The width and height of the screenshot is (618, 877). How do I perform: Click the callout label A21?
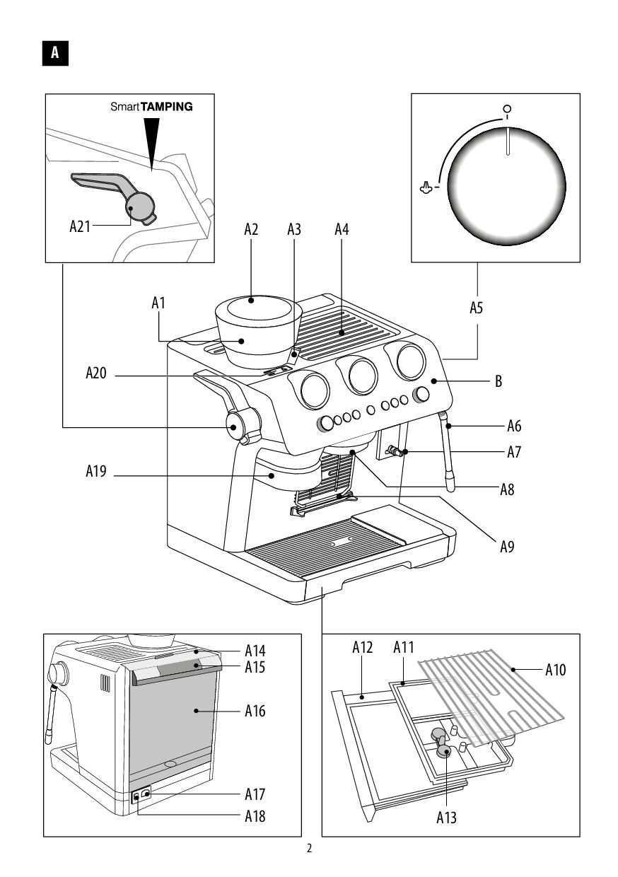click(x=80, y=226)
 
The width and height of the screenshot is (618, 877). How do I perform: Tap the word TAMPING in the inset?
click(x=166, y=107)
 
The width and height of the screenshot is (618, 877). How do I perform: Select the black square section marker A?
click(x=55, y=53)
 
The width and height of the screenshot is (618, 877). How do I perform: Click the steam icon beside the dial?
click(x=426, y=188)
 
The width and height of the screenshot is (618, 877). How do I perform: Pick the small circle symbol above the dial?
click(x=507, y=108)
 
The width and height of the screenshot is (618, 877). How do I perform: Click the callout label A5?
click(x=477, y=308)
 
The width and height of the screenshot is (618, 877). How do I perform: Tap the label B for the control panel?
click(x=499, y=381)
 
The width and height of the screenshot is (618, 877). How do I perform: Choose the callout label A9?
click(x=507, y=547)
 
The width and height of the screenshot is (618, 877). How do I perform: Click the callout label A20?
click(x=96, y=373)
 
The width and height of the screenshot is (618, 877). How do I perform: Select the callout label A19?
click(x=96, y=471)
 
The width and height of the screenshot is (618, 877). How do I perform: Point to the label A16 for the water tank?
click(x=255, y=711)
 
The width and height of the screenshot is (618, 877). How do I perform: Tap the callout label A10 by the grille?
click(x=555, y=670)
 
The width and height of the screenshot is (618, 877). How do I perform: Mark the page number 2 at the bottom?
click(x=309, y=849)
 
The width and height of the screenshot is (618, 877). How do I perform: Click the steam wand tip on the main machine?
click(x=451, y=487)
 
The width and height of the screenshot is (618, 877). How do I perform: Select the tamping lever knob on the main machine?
click(x=233, y=426)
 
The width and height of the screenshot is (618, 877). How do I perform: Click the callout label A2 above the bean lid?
click(x=251, y=230)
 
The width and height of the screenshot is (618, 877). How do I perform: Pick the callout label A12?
click(x=363, y=648)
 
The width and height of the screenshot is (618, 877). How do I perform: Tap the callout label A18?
click(x=255, y=816)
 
